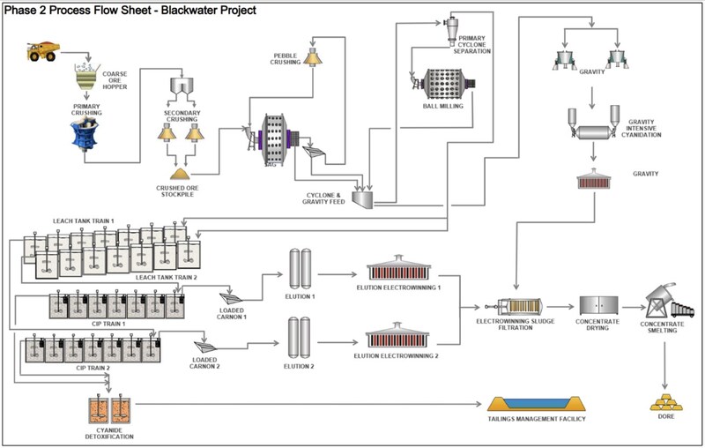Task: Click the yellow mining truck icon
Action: pos(41,53)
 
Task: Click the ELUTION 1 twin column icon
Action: pos(300,266)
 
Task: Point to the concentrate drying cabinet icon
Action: pos(597,306)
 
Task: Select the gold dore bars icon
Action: pos(668,403)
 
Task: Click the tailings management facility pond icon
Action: pos(536,402)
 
